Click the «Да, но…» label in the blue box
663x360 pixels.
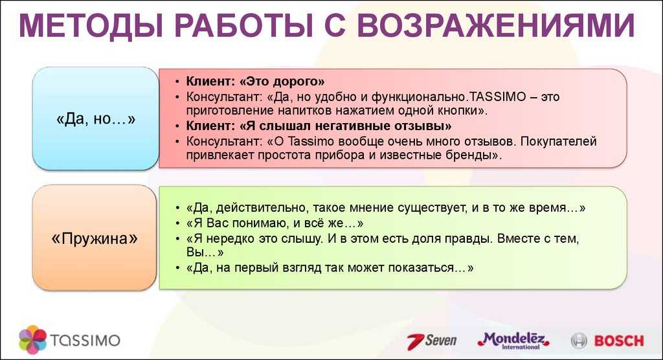click(96, 119)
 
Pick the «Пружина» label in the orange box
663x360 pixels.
click(95, 238)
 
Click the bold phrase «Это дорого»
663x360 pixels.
click(282, 81)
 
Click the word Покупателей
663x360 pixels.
click(559, 141)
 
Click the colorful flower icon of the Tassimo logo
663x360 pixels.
click(32, 340)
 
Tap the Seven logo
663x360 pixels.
click(432, 341)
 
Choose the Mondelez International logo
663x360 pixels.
click(513, 341)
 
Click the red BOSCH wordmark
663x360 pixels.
click(619, 341)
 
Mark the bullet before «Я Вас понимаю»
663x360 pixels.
click(177, 223)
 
